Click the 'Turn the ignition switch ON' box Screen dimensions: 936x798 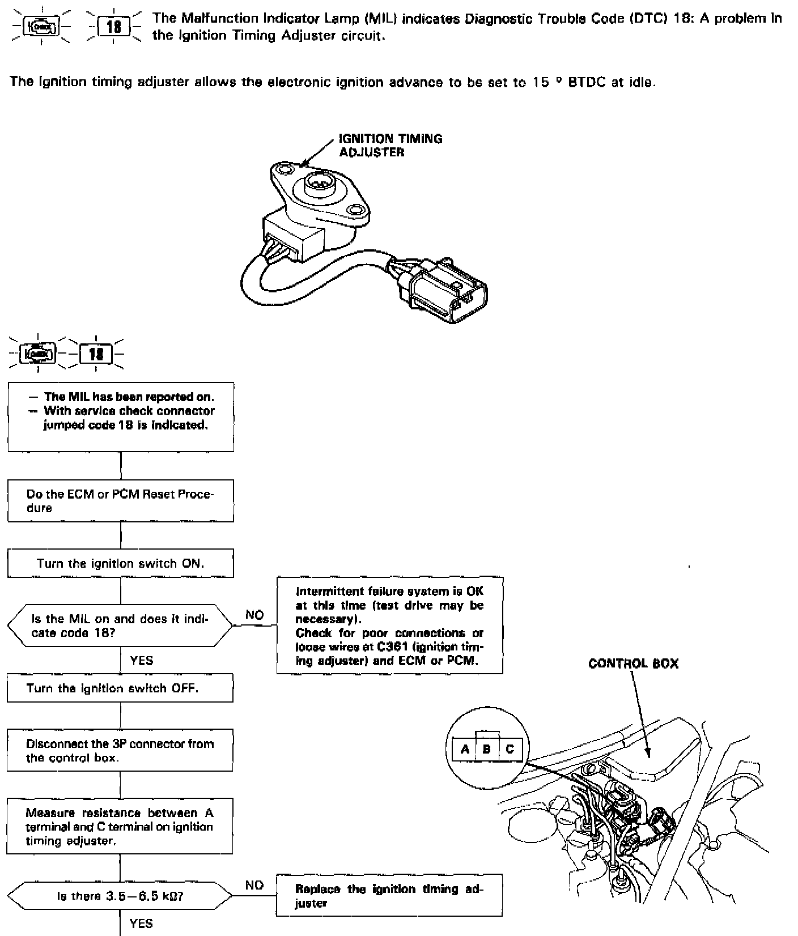pos(120,563)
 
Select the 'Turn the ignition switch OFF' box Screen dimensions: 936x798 pos(120,688)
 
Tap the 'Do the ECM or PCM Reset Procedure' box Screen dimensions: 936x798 pos(120,501)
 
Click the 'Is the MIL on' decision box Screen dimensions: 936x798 pos(120,626)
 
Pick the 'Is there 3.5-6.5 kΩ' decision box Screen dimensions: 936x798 pos(120,897)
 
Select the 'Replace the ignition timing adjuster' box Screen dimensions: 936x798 pos(389,896)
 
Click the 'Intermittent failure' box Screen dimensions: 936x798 pos(389,626)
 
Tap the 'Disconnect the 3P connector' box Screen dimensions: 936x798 pos(120,750)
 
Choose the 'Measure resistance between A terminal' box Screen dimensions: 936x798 pos(120,826)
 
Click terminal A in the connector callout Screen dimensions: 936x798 pos(465,749)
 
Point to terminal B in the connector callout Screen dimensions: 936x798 pos(487,749)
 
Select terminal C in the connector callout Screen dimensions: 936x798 pos(510,749)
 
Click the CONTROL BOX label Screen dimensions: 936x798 pos(633,663)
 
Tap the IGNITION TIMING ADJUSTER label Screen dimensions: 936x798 pos(390,145)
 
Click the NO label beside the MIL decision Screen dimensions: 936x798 pos(254,615)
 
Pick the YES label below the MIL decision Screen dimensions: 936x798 pos(142,660)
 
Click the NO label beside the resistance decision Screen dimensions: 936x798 pos(254,885)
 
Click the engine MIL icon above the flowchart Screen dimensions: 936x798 pos(38,355)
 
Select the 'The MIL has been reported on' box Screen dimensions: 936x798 pos(120,416)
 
